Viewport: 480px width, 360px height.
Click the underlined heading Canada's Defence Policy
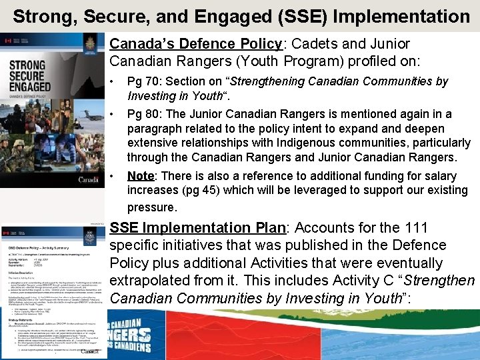[x=196, y=44]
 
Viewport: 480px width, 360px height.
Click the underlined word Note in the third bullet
[x=141, y=176]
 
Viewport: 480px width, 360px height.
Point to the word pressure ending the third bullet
[x=151, y=207]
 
